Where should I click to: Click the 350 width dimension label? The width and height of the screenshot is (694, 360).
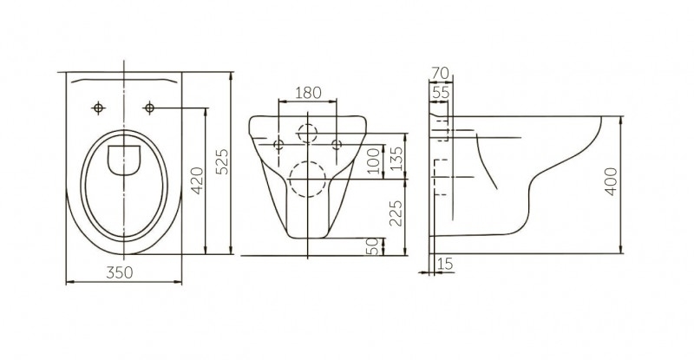[x=120, y=272]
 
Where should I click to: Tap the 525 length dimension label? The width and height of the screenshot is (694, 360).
[x=224, y=161]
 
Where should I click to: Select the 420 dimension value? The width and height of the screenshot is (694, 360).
[x=198, y=180]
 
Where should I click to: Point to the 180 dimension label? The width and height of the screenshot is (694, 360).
[x=308, y=93]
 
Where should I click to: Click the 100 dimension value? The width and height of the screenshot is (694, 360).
[x=374, y=161]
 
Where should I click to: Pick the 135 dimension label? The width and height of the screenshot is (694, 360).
[x=397, y=159]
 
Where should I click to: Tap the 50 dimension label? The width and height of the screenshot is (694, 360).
[x=374, y=246]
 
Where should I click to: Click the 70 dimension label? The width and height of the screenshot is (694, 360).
[x=440, y=73]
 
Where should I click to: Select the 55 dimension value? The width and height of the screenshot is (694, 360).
[x=441, y=93]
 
